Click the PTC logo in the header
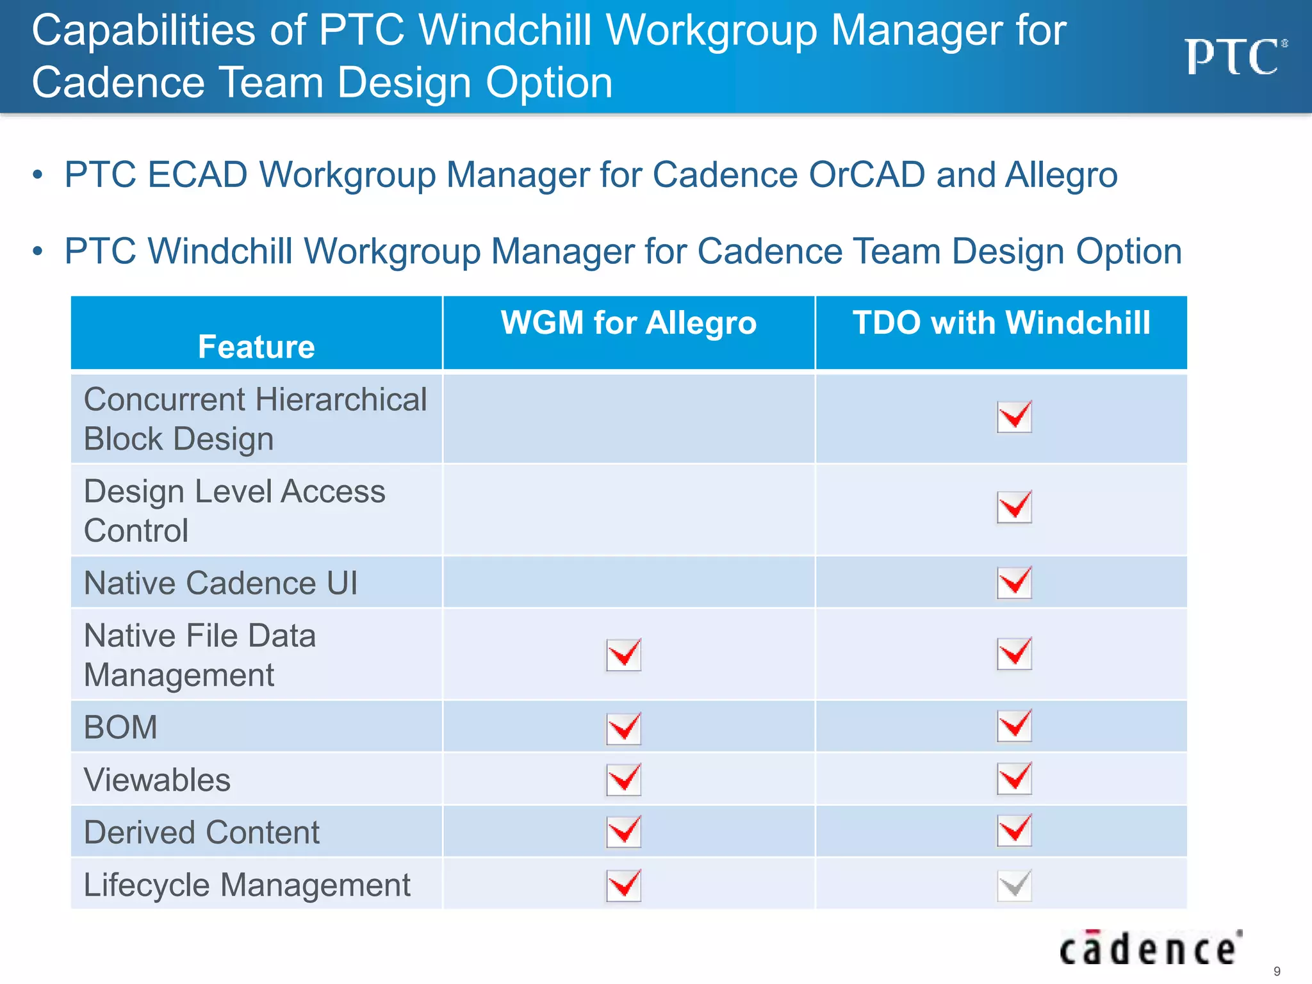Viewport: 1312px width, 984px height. [1234, 56]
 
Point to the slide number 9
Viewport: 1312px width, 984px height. [1277, 971]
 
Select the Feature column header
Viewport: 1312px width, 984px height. [256, 347]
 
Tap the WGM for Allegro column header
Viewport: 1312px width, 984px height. [628, 322]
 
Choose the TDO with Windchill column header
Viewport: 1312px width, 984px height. [1001, 322]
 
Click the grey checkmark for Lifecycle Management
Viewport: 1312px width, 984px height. [1015, 885]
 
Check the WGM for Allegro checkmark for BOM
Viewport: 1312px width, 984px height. [624, 728]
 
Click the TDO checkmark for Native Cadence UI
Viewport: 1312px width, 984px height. [1015, 582]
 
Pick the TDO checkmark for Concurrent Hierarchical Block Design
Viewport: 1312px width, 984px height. [1015, 416]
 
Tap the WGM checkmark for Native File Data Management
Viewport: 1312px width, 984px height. [624, 654]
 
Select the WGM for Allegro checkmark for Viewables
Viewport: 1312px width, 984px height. [624, 779]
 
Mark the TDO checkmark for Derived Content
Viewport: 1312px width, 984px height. [1015, 830]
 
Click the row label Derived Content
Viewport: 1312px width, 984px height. [202, 832]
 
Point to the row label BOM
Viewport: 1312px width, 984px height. [120, 727]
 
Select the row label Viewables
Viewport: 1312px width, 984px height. [157, 780]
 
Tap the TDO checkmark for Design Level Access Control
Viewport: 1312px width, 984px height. [1015, 507]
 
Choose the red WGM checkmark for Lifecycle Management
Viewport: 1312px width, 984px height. [624, 885]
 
